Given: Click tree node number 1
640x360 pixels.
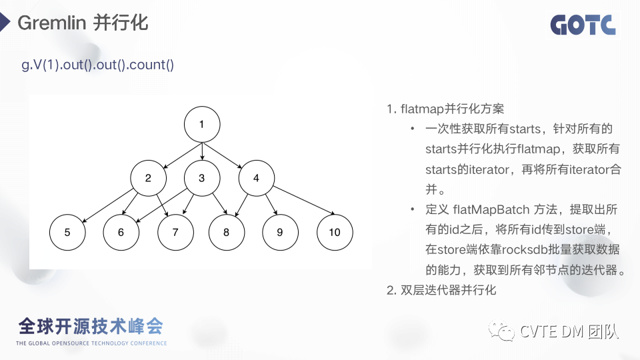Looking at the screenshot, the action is point(201,124).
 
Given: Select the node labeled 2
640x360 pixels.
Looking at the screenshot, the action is point(148,178).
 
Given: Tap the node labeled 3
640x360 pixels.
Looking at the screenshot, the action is point(201,178).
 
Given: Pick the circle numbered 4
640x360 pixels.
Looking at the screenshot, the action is point(256,178).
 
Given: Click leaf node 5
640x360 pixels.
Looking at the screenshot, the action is point(67,232).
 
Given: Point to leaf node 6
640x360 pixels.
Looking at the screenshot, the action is point(121,232).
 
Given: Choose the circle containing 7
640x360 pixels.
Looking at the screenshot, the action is point(175,232).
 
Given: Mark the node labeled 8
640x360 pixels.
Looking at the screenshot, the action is point(226,232).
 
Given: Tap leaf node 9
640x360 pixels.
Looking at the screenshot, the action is point(279,232).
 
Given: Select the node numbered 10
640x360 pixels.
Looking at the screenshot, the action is point(334,232).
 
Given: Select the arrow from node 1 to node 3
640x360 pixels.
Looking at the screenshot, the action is point(201,151).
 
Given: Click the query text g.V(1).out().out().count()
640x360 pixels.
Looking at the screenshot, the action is point(98,65).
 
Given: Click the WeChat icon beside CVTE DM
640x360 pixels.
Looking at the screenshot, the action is point(501,331).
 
